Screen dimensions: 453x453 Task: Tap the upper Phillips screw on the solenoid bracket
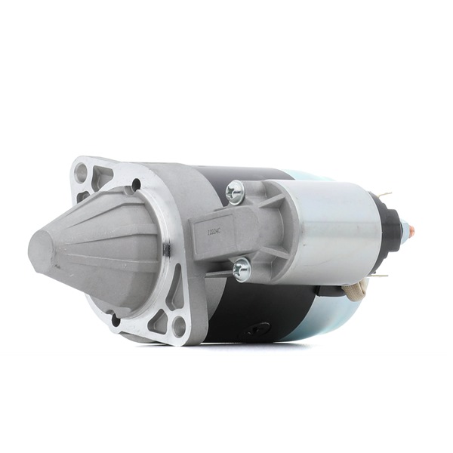click(236, 193)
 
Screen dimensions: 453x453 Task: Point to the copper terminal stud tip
click(412, 226)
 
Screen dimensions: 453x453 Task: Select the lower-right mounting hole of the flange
click(179, 327)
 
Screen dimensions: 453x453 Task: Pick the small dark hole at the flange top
click(135, 183)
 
